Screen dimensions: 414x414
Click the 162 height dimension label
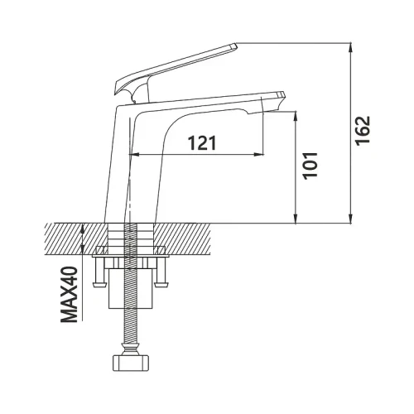tap(362, 131)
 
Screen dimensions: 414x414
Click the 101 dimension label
tap(310, 166)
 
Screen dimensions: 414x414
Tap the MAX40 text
tap(69, 294)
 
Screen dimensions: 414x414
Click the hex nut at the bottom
tap(131, 363)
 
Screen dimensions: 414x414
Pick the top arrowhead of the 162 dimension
tap(350, 47)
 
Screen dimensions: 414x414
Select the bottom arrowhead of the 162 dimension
tap(350, 218)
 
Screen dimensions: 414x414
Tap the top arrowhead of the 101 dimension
tap(296, 116)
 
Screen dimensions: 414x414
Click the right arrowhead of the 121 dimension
tap(258, 155)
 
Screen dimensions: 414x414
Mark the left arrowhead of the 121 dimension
tap(134, 155)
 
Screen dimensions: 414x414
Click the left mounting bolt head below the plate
tap(100, 284)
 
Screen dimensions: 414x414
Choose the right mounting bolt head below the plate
tap(161, 284)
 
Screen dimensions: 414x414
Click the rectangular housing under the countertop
tap(131, 288)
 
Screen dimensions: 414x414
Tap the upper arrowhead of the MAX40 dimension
tap(83, 229)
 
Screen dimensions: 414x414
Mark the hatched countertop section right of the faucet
tap(181, 238)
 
